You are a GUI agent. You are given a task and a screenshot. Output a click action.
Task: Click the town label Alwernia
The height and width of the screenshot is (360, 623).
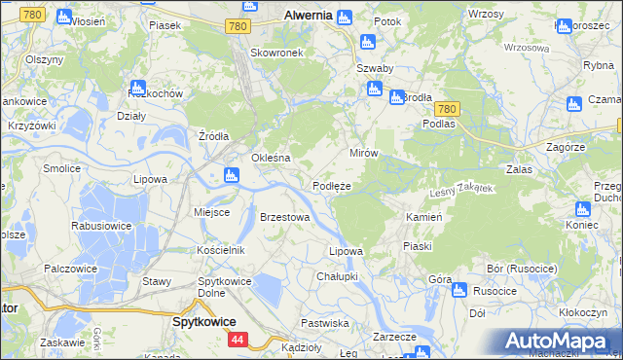click(309, 16)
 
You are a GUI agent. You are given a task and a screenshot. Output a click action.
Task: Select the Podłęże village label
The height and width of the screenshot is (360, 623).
click(331, 186)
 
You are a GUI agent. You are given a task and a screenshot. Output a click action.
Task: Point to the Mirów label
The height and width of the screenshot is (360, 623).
click(363, 154)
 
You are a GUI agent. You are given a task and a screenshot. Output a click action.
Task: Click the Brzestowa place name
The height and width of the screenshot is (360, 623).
click(284, 217)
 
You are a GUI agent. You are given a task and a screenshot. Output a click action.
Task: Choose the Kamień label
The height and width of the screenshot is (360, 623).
click(424, 217)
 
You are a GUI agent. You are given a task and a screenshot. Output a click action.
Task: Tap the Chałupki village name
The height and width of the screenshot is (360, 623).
click(337, 276)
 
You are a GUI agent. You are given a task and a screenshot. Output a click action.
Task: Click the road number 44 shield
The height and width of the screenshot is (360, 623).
click(238, 340)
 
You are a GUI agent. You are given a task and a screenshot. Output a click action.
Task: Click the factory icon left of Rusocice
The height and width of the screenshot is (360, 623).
click(459, 289)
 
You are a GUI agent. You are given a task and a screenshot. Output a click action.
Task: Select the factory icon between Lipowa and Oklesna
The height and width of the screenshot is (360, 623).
click(231, 175)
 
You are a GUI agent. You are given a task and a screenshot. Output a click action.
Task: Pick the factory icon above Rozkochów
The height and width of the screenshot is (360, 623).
click(137, 88)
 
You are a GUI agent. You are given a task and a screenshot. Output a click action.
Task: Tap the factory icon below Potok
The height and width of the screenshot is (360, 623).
click(367, 41)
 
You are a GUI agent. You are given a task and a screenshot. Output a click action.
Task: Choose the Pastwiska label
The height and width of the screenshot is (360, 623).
click(325, 322)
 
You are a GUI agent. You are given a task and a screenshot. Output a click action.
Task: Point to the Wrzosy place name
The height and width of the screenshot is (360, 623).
click(486, 14)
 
